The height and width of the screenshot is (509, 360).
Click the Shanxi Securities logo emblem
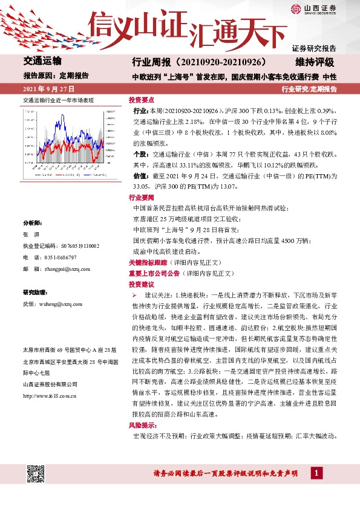(x=295, y=8)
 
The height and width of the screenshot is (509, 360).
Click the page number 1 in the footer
(x=315, y=472)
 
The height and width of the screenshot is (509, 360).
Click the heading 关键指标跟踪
(x=147, y=264)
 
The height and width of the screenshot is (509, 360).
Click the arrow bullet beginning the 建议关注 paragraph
(x=136, y=294)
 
